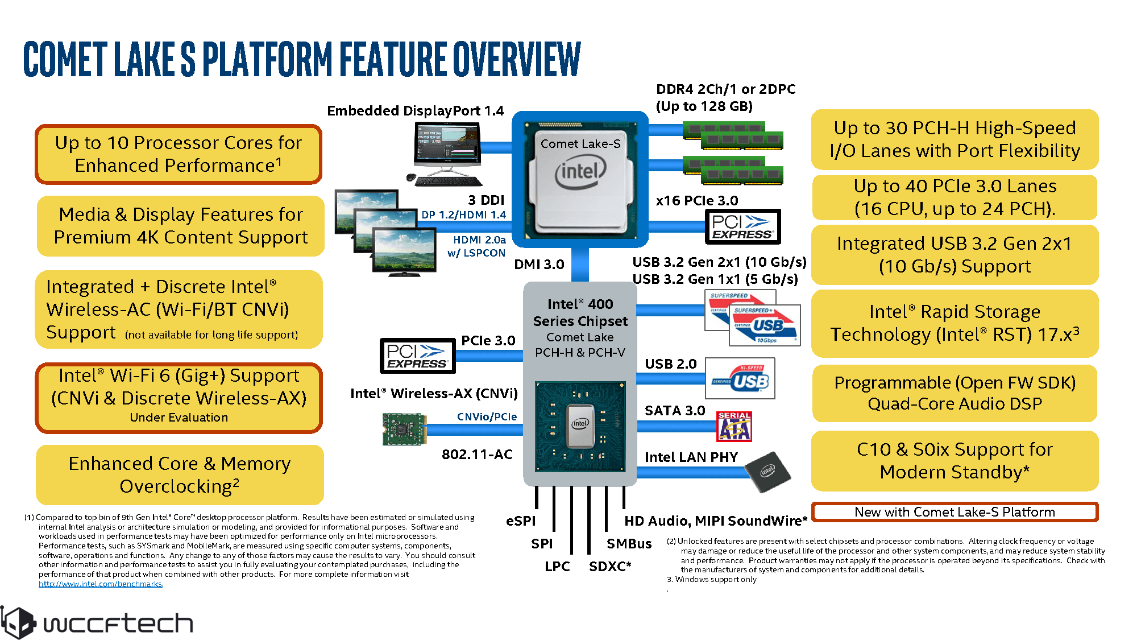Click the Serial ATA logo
[x=734, y=427]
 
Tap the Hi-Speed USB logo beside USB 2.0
[x=740, y=378]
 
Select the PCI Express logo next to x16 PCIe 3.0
[x=742, y=227]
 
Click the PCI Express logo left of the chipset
[x=417, y=356]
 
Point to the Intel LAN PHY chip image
[x=767, y=472]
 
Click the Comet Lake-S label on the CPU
[x=580, y=144]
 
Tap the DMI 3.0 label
[x=539, y=265]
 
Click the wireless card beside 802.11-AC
[x=404, y=429]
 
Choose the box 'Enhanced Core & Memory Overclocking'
[x=180, y=475]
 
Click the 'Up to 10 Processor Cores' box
[x=179, y=154]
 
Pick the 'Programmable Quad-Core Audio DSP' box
[x=955, y=393]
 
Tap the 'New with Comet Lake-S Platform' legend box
[x=955, y=512]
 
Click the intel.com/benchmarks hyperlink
[x=101, y=584]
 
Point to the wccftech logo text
[x=118, y=624]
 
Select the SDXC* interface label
[x=610, y=567]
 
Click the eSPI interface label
[x=521, y=521]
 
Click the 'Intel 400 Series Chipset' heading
[x=580, y=312]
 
